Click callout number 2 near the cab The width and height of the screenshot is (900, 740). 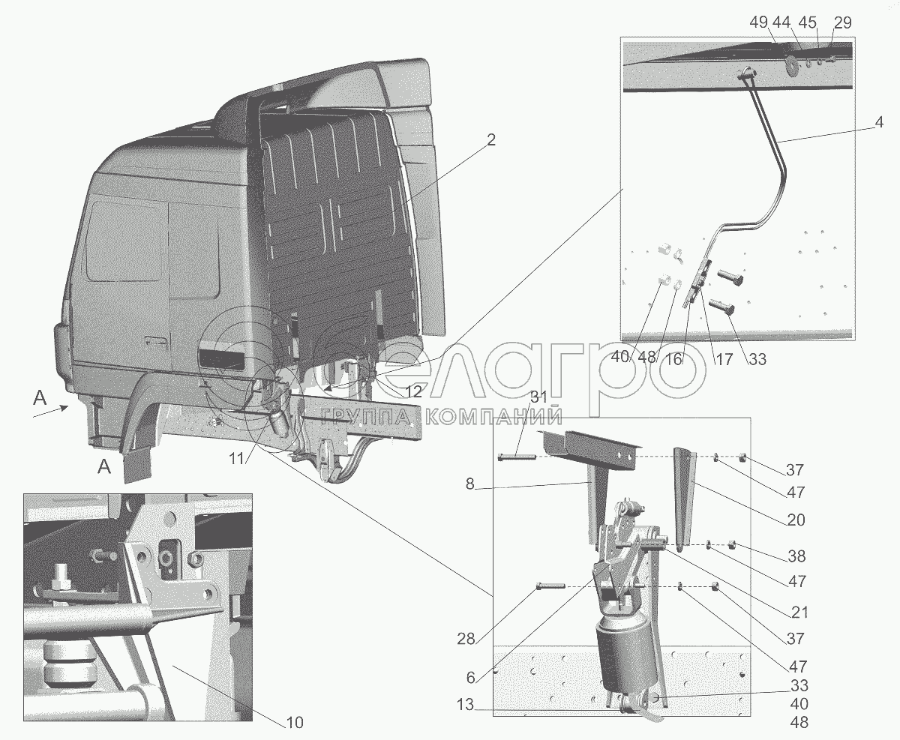[x=491, y=139]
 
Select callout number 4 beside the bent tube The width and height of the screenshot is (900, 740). [x=878, y=122]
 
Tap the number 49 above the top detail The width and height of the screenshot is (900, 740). [x=759, y=22]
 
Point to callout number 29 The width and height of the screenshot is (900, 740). [x=842, y=22]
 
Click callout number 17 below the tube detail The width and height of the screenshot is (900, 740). [x=724, y=360]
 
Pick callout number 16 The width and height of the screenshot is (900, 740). [x=673, y=360]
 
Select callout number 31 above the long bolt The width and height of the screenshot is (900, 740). [x=538, y=397]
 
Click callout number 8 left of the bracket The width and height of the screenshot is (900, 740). [x=469, y=484]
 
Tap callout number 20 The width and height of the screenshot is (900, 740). [x=796, y=520]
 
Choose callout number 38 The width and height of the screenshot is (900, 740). [x=796, y=556]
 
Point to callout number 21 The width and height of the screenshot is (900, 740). [x=799, y=613]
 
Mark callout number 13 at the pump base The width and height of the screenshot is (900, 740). [x=465, y=705]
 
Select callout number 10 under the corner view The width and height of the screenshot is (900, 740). [x=295, y=723]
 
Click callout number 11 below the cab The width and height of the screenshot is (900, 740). [x=236, y=459]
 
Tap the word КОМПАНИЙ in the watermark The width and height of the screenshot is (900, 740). [x=494, y=417]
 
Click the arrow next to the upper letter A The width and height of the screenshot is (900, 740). [x=50, y=412]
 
